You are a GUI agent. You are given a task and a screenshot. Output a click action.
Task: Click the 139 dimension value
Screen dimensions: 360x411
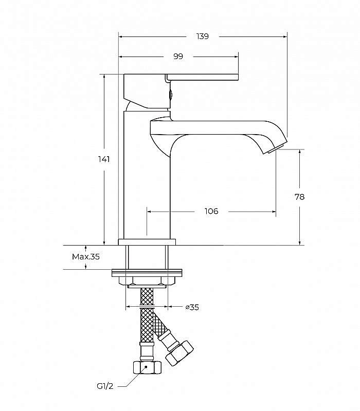[203, 36]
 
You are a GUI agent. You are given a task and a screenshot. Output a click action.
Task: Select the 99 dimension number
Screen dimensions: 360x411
[178, 57]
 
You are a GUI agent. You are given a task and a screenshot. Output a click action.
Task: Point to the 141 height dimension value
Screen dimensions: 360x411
[104, 159]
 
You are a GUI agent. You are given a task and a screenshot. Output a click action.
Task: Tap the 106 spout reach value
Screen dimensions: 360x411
[211, 211]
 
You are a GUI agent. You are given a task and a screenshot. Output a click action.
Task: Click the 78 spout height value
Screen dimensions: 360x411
[299, 197]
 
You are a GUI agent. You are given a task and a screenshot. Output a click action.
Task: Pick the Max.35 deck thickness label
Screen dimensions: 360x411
[86, 256]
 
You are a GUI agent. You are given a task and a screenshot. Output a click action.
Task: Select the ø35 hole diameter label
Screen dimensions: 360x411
[192, 307]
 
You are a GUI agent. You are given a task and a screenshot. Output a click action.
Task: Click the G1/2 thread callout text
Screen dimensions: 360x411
[105, 386]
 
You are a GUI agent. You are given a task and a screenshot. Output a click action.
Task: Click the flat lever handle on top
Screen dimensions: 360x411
[203, 77]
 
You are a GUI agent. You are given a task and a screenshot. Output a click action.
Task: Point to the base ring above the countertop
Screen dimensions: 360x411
[147, 242]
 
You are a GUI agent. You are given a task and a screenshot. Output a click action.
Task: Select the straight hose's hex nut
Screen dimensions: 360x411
[147, 367]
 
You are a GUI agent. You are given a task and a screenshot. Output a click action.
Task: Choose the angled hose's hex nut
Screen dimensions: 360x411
[179, 353]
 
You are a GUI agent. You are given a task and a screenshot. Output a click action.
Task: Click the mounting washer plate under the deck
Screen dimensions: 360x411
[147, 273]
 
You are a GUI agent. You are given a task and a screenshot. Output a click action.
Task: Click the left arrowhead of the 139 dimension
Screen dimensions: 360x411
[121, 36]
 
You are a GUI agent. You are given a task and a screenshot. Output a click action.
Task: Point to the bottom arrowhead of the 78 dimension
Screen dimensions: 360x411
[299, 242]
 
